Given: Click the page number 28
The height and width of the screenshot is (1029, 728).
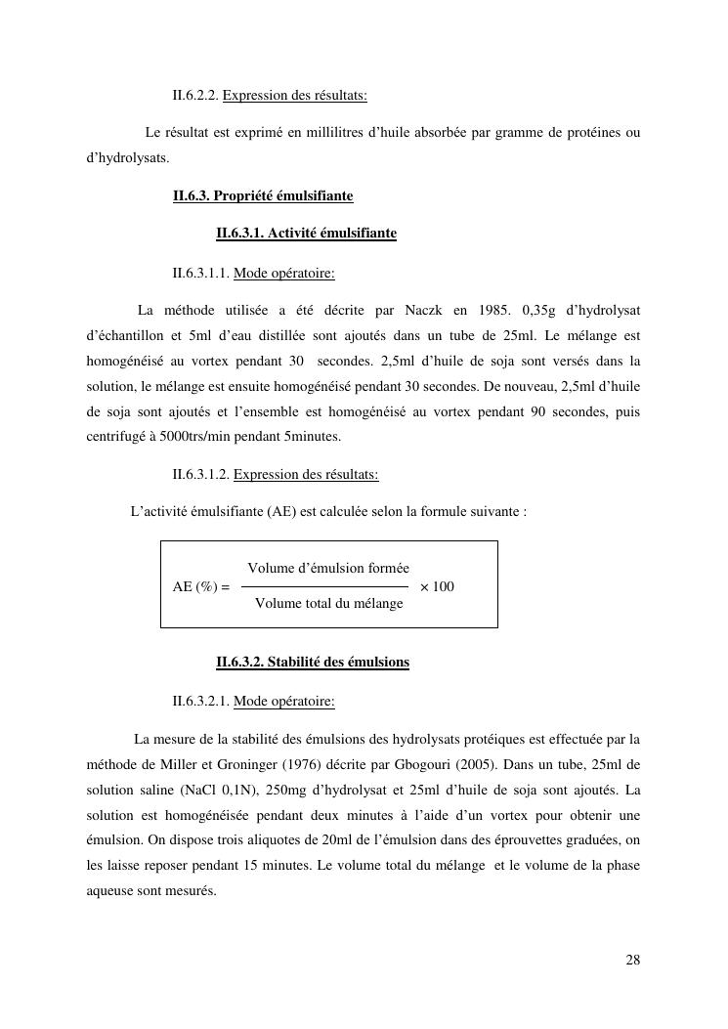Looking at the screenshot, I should [633, 960].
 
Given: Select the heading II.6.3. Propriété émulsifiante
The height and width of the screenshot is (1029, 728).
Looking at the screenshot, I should [263, 196].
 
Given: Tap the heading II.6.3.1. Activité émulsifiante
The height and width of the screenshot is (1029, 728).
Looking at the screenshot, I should [306, 234].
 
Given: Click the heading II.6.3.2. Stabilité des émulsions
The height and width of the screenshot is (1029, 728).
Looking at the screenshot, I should [313, 663].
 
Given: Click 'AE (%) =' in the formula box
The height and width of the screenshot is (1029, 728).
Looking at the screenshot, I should [200, 587].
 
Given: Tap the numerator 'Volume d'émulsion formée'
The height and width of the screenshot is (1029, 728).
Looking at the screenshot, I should [328, 569].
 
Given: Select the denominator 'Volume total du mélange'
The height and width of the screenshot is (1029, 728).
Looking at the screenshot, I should [328, 604].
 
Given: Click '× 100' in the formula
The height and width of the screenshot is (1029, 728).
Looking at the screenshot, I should [437, 587].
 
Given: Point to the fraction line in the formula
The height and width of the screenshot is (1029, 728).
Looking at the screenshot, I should [324, 586].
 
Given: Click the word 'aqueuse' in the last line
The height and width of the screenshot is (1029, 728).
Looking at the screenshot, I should [110, 891].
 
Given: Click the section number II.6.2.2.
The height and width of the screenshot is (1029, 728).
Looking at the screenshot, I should [195, 96].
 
